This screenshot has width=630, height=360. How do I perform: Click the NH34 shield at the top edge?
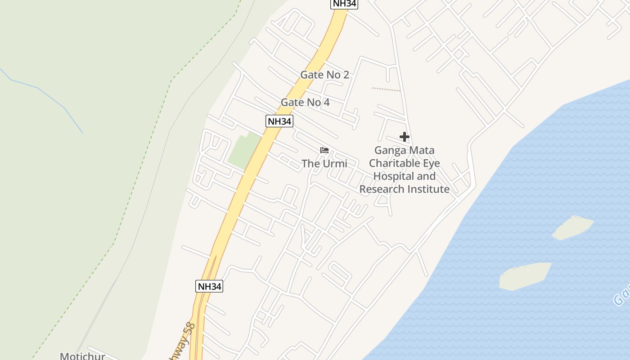tap(344, 4)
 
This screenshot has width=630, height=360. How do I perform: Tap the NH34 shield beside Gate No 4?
tap(279, 121)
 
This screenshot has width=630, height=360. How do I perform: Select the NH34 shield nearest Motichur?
tap(209, 286)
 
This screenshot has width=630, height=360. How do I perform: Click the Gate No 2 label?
tap(324, 75)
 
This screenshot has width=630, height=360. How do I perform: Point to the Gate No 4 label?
tap(305, 102)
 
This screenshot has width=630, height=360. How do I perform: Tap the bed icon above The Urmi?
tap(324, 150)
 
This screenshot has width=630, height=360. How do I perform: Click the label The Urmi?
tap(324, 163)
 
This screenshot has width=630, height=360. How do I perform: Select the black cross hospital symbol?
tap(404, 137)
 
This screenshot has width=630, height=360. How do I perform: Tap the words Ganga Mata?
tap(404, 150)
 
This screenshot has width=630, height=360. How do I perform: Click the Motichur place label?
tap(82, 356)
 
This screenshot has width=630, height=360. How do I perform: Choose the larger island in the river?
tap(524, 275)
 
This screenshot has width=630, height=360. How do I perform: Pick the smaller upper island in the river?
tap(572, 227)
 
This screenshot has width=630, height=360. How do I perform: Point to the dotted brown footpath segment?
tap(386, 89)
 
